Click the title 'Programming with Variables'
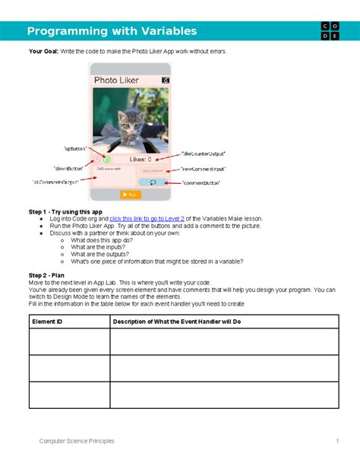click(x=112, y=31)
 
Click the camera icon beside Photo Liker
click(x=166, y=79)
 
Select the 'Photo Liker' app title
click(x=117, y=80)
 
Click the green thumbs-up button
click(x=107, y=160)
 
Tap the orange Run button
click(x=131, y=195)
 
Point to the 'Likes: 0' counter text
click(x=141, y=160)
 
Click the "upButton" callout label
click(x=76, y=149)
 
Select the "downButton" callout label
click(x=68, y=167)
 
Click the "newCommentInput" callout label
click(x=203, y=169)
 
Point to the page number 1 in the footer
click(x=336, y=441)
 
